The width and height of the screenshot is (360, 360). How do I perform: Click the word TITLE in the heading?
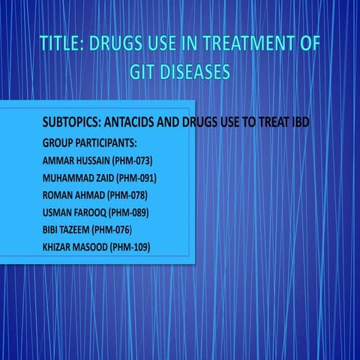pos(60,44)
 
